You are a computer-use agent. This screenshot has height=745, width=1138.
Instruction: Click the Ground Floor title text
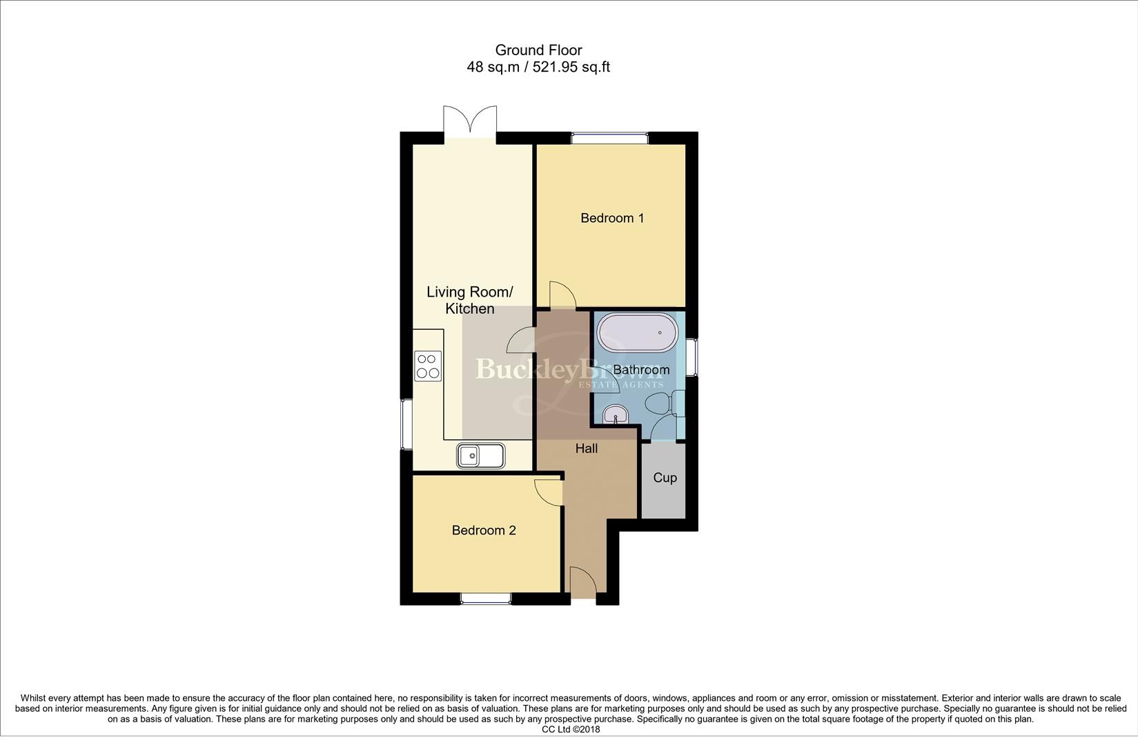[538, 50]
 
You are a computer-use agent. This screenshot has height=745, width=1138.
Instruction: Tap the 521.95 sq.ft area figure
[571, 67]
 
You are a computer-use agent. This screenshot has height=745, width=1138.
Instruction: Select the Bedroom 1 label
[612, 218]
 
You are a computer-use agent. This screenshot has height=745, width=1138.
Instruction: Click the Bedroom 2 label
[484, 530]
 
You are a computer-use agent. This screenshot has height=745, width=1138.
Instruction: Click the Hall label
[587, 448]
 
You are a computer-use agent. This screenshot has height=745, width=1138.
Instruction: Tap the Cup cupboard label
[665, 477]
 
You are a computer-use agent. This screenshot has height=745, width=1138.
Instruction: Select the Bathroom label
[641, 370]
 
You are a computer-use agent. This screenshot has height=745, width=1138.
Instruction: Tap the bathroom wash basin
[615, 415]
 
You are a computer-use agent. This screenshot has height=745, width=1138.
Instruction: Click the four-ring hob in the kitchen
[428, 366]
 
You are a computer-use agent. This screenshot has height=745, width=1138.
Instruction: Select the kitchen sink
[480, 455]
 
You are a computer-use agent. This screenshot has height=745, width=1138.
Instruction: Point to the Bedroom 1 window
[609, 138]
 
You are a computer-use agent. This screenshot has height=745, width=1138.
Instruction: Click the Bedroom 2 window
[486, 598]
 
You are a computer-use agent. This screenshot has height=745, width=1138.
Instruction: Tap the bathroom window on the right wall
[691, 357]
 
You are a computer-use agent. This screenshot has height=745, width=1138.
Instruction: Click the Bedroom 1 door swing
[562, 295]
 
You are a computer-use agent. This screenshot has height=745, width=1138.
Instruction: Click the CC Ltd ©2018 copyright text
[571, 729]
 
